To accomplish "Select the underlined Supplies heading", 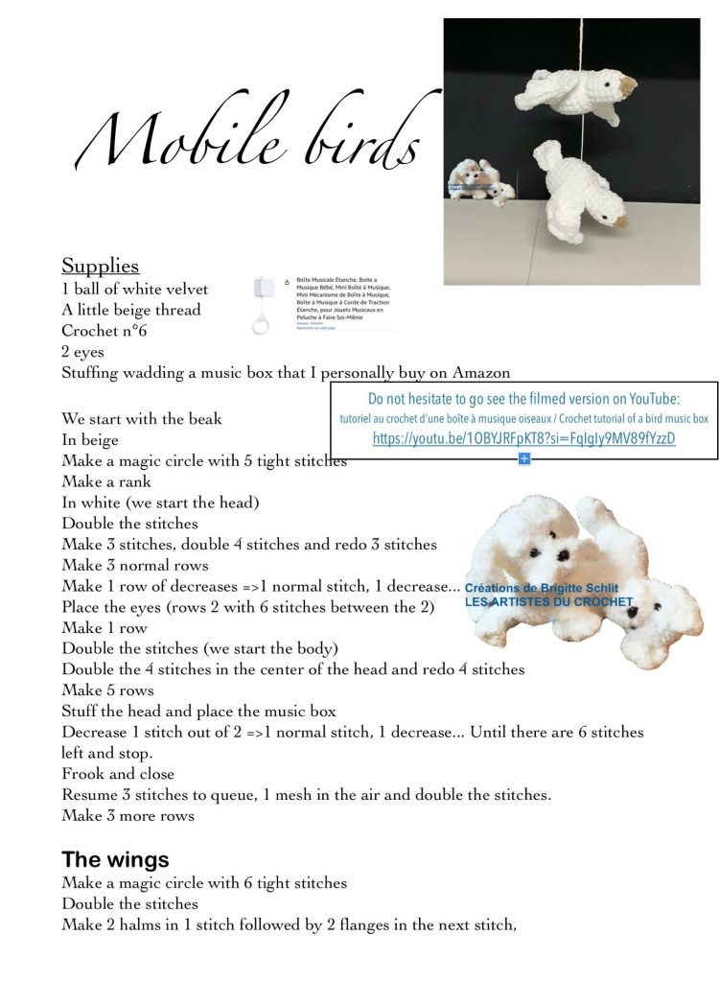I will click(101, 265).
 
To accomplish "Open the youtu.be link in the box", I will click(523, 438).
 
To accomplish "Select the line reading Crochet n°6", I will click(101, 331).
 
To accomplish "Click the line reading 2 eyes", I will click(83, 352).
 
